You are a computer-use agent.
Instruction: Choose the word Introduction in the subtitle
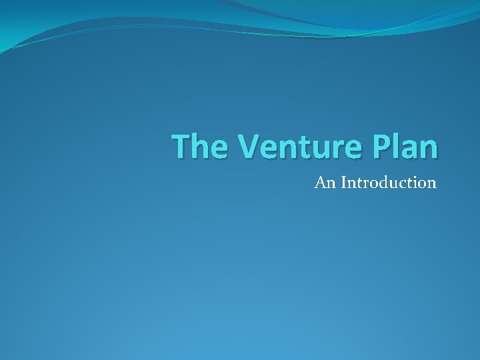pyautogui.click(x=388, y=182)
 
